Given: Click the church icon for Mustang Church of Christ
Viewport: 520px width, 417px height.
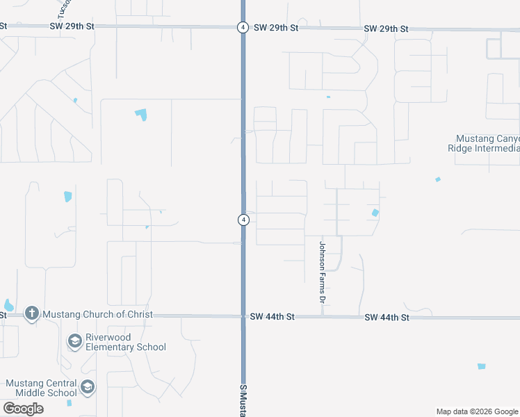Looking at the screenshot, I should pyautogui.click(x=31, y=313).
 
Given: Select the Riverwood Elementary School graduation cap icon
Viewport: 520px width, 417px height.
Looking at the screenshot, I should pyautogui.click(x=74, y=341).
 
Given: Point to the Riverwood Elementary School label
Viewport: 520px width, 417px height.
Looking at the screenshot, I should pyautogui.click(x=125, y=342).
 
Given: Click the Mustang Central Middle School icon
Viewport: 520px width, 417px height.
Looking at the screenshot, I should pyautogui.click(x=88, y=387).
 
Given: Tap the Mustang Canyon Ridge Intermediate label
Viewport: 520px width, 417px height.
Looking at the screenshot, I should pyautogui.click(x=487, y=142).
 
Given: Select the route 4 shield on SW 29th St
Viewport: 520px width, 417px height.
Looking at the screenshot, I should pyautogui.click(x=242, y=27).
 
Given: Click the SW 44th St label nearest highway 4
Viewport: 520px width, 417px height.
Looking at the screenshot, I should pyautogui.click(x=273, y=316).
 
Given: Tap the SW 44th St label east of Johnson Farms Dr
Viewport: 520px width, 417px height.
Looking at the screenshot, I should pyautogui.click(x=387, y=317).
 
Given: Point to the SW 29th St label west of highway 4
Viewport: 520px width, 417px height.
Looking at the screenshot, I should pyautogui.click(x=72, y=26).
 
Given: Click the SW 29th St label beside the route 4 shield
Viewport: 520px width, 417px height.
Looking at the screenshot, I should pyautogui.click(x=275, y=28).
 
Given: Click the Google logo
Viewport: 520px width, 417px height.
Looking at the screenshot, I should pyautogui.click(x=23, y=409).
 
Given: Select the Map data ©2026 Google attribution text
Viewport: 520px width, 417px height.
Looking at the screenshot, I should pyautogui.click(x=477, y=411).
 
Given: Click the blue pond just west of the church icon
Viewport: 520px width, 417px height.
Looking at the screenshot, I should pyautogui.click(x=8, y=305).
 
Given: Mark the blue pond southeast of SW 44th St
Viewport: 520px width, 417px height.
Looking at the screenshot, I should pyautogui.click(x=481, y=366).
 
